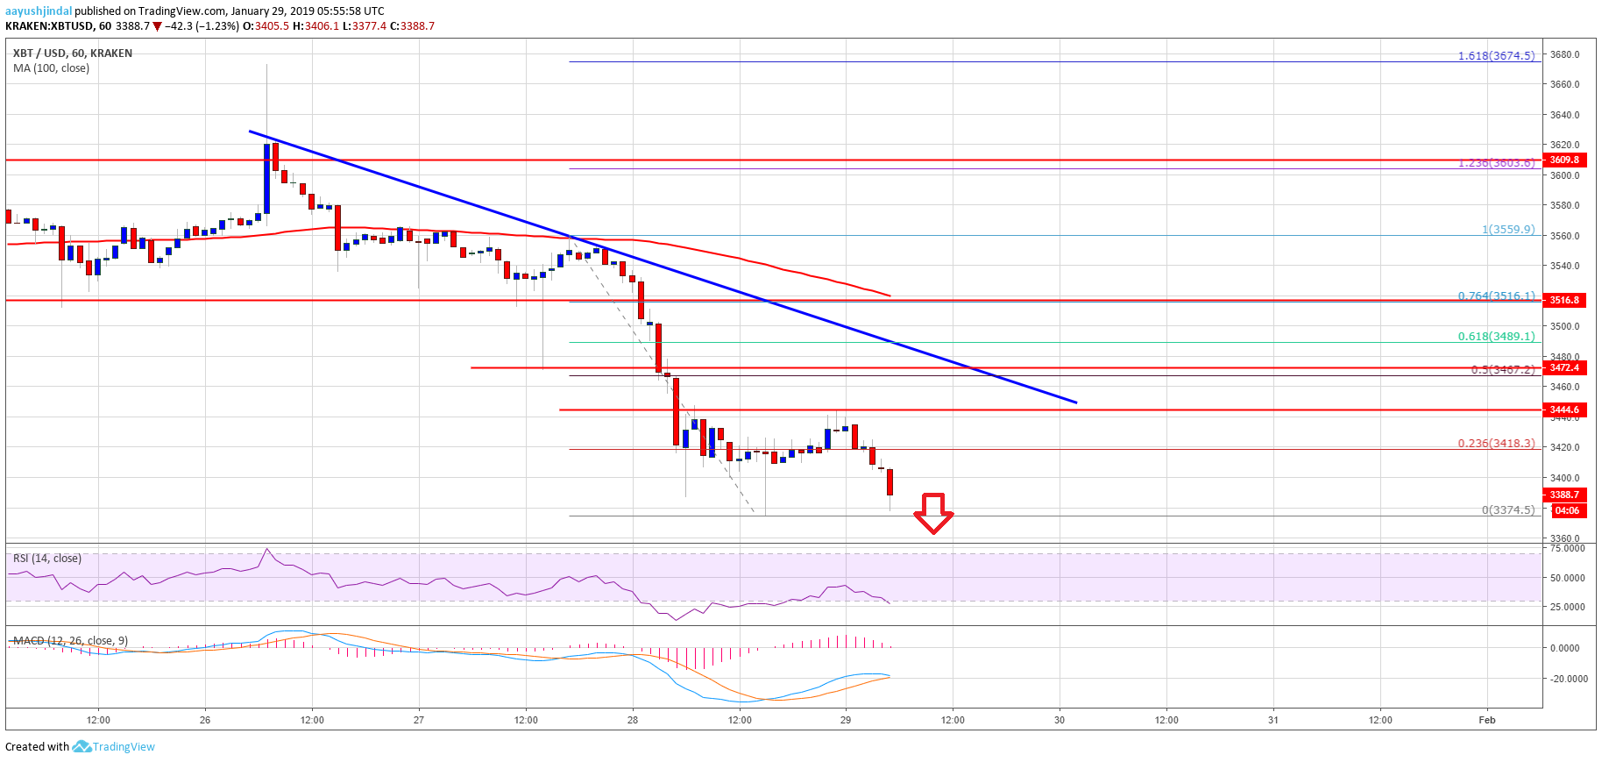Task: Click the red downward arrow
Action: click(x=933, y=513)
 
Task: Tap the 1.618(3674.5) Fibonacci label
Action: click(x=1496, y=56)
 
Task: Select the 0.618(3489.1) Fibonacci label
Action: click(x=1496, y=336)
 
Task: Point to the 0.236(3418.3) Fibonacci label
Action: click(x=1496, y=444)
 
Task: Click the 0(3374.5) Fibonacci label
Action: click(x=1507, y=510)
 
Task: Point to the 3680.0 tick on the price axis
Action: click(x=1564, y=54)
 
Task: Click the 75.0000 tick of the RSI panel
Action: click(x=1567, y=548)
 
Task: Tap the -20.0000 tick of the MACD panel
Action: click(x=1568, y=679)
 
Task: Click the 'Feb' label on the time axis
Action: click(x=1486, y=720)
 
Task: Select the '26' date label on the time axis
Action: click(x=205, y=720)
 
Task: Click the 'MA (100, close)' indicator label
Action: click(x=51, y=68)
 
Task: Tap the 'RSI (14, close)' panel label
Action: click(x=47, y=559)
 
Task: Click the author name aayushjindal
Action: click(x=39, y=11)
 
